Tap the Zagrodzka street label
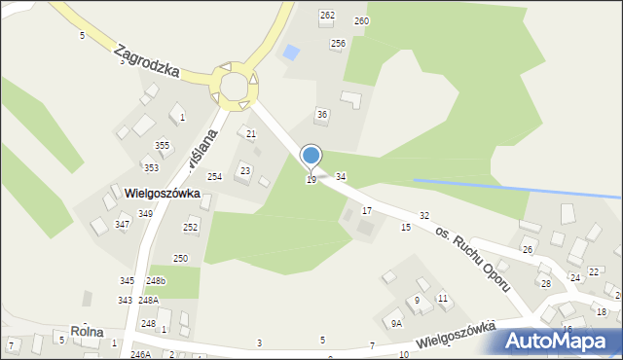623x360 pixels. pos(147,59)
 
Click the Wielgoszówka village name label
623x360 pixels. pos(162,194)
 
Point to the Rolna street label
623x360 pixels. pos(87,332)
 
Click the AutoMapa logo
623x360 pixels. pos(560,341)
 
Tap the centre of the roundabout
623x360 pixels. pos(234,86)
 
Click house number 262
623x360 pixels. pos(327,16)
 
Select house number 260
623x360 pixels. pos(361,20)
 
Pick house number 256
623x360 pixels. pos(338,43)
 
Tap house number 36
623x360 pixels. pos(321,115)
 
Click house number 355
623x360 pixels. pos(162,146)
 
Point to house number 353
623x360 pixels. pos(151,167)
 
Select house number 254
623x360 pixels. pos(214,177)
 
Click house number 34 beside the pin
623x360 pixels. pos(341,176)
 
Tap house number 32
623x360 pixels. pos(424,214)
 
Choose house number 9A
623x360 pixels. pos(396,323)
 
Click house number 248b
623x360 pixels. pos(156,280)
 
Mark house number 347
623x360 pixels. pos(122,224)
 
